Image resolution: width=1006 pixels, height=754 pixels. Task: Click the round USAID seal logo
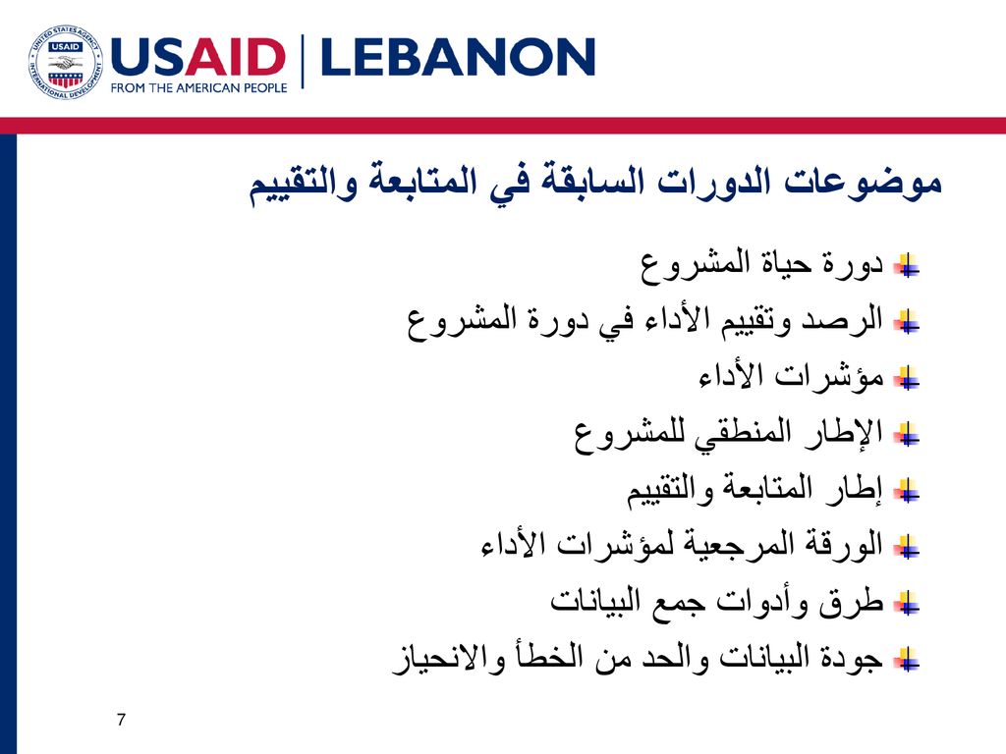[66, 62]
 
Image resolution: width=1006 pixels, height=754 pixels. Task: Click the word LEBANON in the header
[458, 57]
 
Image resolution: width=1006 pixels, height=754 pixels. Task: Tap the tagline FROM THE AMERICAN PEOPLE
[198, 87]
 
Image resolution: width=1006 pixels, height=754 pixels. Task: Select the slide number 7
[121, 720]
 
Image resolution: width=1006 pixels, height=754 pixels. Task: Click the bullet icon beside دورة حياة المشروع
[908, 265]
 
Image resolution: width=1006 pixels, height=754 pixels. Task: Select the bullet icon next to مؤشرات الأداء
[908, 378]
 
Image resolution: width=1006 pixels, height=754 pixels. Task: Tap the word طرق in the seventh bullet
[852, 603]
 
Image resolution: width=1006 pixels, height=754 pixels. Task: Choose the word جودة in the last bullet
[853, 659]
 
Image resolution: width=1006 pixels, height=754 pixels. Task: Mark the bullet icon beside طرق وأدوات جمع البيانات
[908, 604]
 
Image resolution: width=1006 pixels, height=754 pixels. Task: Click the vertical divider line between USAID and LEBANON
[303, 61]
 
